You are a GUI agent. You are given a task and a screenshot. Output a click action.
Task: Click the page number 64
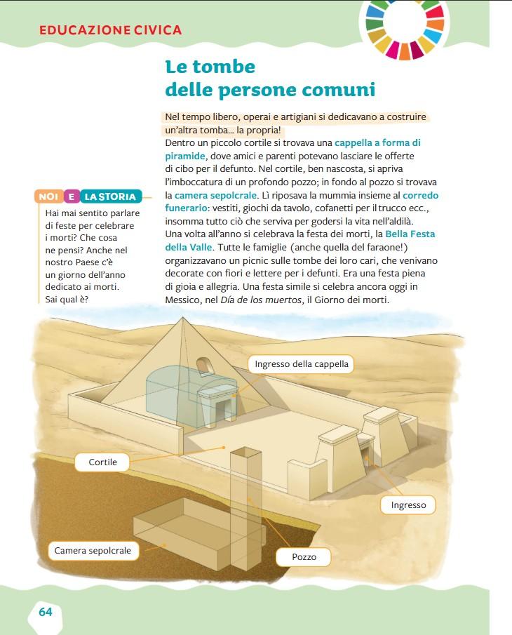[46, 612]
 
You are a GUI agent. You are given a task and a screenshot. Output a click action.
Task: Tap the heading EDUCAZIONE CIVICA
[111, 30]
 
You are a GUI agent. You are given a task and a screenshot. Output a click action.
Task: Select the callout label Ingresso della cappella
[302, 364]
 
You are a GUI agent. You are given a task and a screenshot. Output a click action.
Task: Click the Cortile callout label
[102, 462]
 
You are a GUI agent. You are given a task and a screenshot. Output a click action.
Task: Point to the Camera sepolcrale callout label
[93, 551]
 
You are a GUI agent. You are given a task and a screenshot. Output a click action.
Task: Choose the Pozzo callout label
[304, 557]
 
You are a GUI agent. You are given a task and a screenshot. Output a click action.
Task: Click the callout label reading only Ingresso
[408, 505]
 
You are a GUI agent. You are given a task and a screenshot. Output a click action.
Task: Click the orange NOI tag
[48, 196]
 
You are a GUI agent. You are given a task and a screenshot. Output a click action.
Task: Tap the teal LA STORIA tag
[109, 196]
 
